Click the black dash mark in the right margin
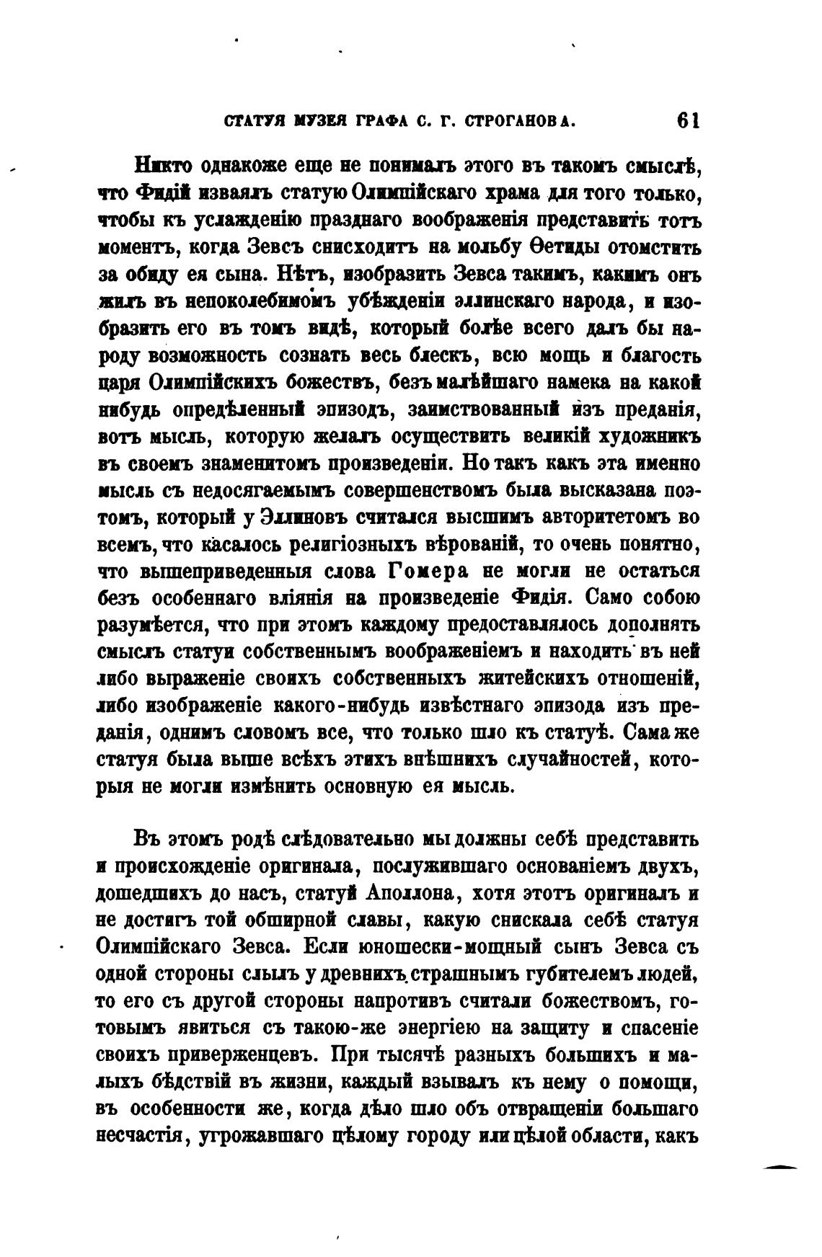(x=782, y=1165)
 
